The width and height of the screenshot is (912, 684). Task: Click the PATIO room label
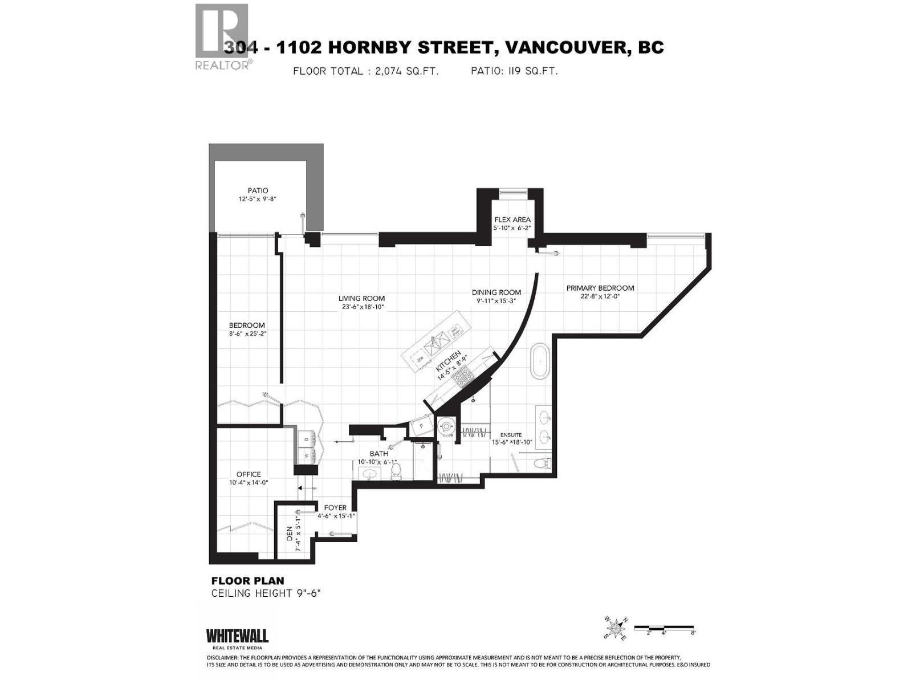tap(258, 190)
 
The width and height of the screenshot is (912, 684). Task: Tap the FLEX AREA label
tap(512, 219)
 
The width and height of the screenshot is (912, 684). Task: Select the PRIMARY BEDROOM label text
tap(600, 288)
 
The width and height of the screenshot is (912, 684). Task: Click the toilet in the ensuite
tap(541, 463)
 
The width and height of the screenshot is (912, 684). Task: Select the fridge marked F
tap(422, 425)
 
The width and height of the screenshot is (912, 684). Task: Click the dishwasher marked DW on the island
tap(420, 359)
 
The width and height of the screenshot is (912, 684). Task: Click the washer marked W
tap(306, 455)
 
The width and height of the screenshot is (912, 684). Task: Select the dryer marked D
tap(306, 439)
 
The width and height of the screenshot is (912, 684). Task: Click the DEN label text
tap(290, 534)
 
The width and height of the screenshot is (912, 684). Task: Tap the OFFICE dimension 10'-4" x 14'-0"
tap(249, 482)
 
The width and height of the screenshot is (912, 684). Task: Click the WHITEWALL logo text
tap(237, 636)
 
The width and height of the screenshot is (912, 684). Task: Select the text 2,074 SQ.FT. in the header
tap(402, 71)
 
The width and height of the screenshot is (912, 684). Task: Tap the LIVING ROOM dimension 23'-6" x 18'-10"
tap(361, 307)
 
